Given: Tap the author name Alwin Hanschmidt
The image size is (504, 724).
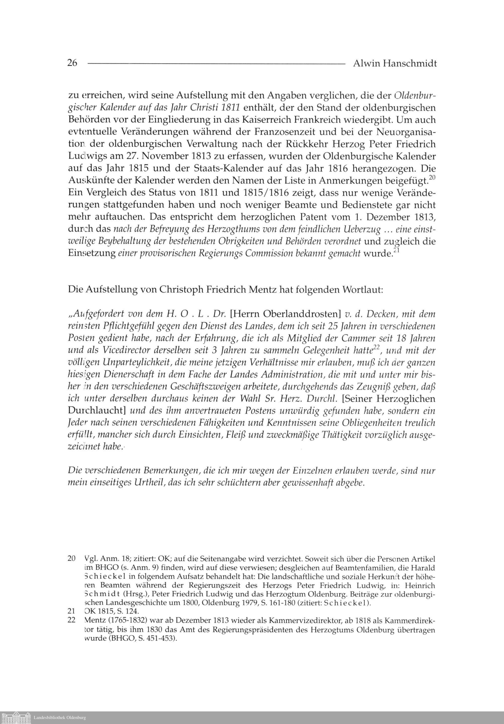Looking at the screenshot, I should click(x=395, y=63).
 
